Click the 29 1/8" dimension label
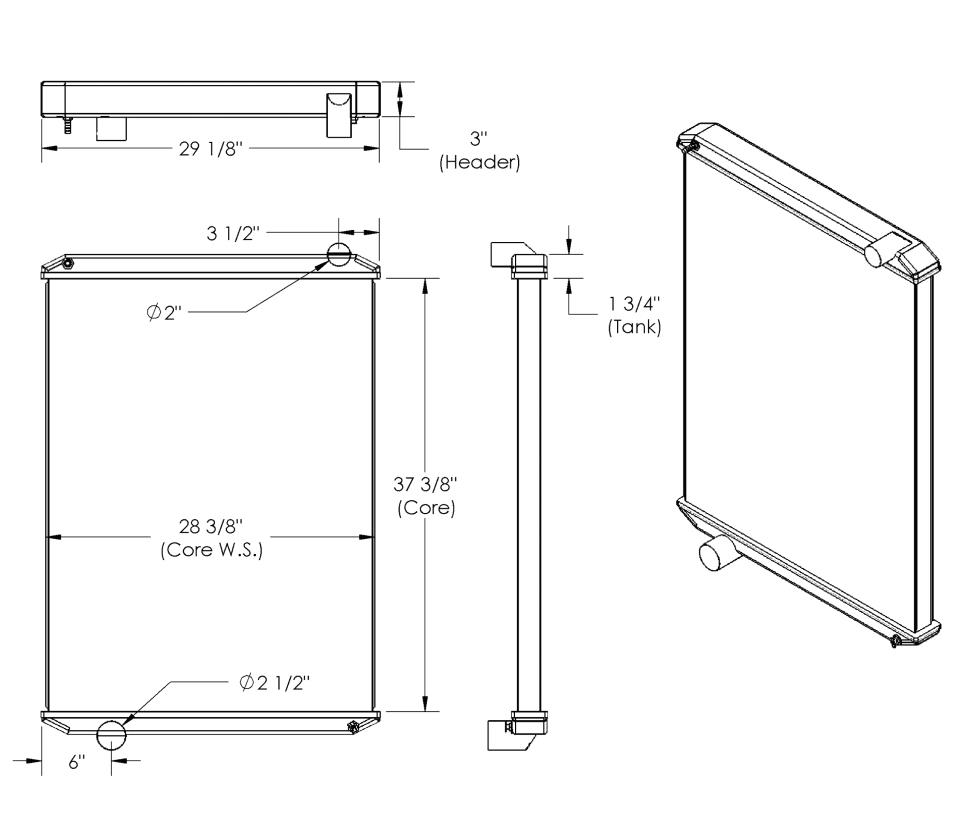pyautogui.click(x=211, y=149)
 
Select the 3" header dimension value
pyautogui.click(x=479, y=138)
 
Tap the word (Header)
pyautogui.click(x=479, y=162)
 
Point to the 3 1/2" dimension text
pyautogui.click(x=233, y=233)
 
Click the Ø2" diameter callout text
pyautogui.click(x=164, y=312)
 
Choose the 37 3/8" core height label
pyautogui.click(x=426, y=484)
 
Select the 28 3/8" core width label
pyautogui.click(x=211, y=526)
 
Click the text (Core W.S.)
pyautogui.click(x=211, y=550)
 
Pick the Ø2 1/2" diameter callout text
pyautogui.click(x=275, y=682)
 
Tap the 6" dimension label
pyautogui.click(x=77, y=762)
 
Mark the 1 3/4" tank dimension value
pyautogui.click(x=634, y=303)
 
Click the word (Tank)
pyautogui.click(x=634, y=327)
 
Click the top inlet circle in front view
pyautogui.click(x=339, y=254)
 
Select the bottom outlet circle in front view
pyautogui.click(x=111, y=735)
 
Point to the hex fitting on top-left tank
pyautogui.click(x=68, y=264)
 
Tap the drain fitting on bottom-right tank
pyautogui.click(x=353, y=727)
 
